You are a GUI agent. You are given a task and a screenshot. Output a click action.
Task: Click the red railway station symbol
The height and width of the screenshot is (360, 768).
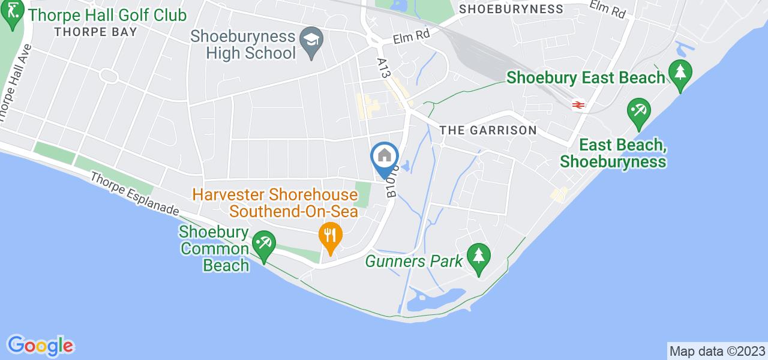[x=578, y=104]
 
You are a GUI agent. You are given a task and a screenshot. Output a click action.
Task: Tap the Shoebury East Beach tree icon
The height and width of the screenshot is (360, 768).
[x=680, y=74]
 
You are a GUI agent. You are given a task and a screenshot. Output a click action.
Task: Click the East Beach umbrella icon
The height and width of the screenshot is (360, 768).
[x=638, y=113]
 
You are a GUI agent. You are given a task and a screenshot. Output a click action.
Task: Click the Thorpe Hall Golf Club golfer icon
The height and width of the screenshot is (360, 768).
[x=11, y=18]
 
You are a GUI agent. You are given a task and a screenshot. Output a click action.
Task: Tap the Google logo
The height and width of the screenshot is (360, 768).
[x=40, y=346]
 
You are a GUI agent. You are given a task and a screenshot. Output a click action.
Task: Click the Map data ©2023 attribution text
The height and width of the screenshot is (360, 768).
[x=717, y=351]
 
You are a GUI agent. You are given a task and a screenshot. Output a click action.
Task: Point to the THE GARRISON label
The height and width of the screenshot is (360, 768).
[x=487, y=130]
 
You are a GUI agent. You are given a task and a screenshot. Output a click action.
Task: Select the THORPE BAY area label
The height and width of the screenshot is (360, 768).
[x=95, y=32]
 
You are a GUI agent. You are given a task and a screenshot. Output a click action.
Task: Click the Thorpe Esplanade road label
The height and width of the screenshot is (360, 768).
[x=135, y=193]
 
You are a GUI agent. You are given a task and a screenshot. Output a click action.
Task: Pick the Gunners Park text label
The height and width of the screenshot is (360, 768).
[x=415, y=261]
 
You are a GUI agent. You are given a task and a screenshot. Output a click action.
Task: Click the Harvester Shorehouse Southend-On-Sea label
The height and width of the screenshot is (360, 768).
[x=275, y=203]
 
